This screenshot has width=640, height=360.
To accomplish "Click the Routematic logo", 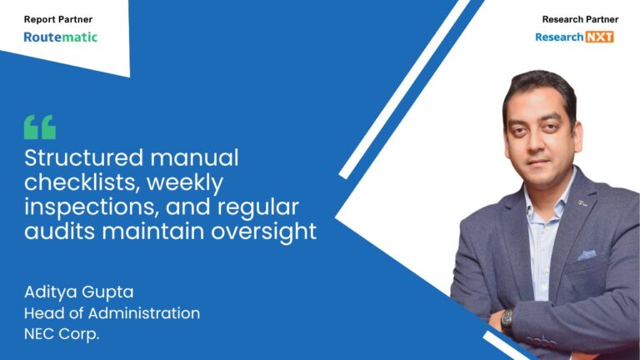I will (x=60, y=37).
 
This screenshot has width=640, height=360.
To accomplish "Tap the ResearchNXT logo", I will (x=574, y=37).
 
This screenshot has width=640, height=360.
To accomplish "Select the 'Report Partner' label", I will (x=58, y=18).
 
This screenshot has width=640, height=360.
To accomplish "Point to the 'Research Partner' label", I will (x=575, y=18).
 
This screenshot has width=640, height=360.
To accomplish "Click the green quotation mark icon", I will (x=40, y=127).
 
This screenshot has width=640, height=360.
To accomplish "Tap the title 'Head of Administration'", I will (x=112, y=313).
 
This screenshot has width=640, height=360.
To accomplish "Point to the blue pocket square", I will (x=587, y=253).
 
